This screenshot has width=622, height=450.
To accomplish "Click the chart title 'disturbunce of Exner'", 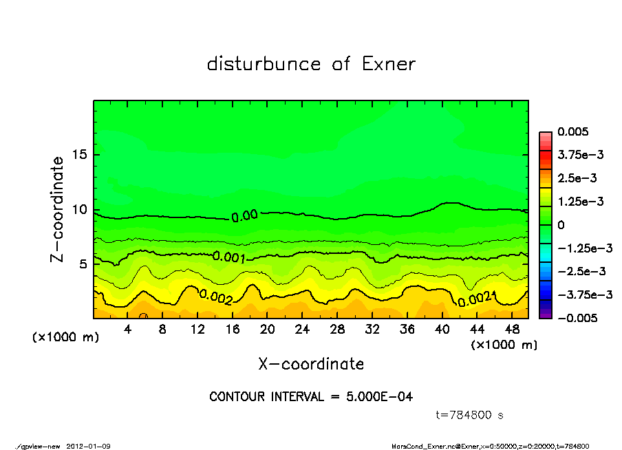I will [x=311, y=65].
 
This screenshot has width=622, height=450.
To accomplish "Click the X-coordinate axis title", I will [x=311, y=363].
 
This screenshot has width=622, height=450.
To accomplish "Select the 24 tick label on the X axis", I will [x=303, y=330].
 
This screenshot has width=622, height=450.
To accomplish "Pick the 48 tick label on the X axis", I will [x=513, y=330].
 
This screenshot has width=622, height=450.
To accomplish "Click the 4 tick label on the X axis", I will [x=128, y=330].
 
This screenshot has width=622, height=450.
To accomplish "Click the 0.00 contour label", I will [x=244, y=216].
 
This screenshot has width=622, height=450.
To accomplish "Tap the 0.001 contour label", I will [x=229, y=257].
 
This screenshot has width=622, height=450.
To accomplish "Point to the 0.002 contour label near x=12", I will [x=216, y=296].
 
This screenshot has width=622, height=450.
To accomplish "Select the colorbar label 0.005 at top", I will [x=574, y=131].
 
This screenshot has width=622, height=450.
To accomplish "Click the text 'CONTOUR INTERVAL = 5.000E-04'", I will [x=311, y=397].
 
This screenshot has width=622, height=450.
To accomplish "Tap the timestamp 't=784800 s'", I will [x=471, y=415].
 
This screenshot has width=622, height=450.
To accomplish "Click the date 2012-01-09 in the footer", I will [x=88, y=446].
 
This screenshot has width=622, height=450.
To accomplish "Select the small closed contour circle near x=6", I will [x=143, y=317].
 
